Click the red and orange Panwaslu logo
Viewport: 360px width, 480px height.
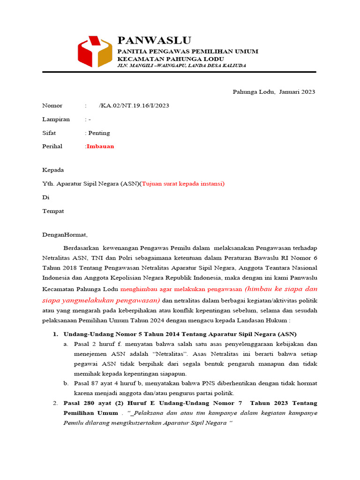(95, 52)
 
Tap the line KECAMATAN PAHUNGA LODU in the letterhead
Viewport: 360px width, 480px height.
(170, 59)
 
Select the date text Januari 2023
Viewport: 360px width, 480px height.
(297, 91)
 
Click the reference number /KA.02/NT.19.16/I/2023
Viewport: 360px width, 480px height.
(134, 105)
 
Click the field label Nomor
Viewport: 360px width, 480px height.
(52, 105)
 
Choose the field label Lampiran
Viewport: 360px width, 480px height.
(56, 119)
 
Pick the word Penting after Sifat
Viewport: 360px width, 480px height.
(99, 133)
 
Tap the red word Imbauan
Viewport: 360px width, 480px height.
(100, 146)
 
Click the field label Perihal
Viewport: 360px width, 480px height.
(52, 146)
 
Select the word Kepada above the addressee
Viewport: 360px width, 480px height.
(53, 170)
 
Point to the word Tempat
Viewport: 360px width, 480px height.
(53, 211)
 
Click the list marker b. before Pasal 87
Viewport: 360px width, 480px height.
(67, 383)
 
